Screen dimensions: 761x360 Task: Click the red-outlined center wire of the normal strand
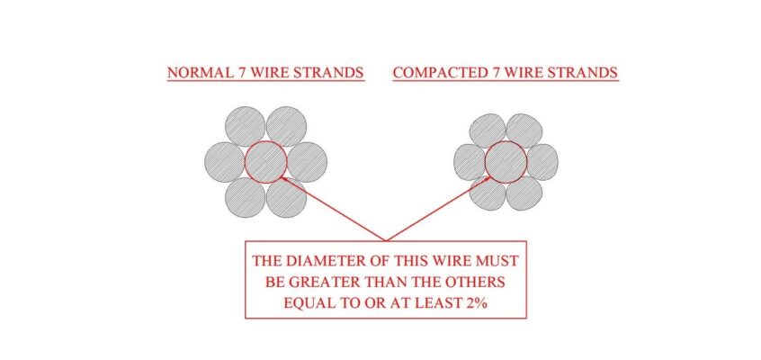pos(265,162)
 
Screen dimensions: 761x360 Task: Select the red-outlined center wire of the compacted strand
pos(506,162)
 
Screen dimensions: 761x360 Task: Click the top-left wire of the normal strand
pos(245,126)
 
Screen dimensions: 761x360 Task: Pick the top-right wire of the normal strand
pos(286,126)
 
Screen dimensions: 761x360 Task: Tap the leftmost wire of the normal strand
pos(225,162)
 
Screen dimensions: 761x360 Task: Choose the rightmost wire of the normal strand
pos(307,162)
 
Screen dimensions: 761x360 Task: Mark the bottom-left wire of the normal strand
pos(245,198)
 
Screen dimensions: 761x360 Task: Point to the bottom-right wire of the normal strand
pos(286,198)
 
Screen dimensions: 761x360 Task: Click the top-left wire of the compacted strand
pos(488,130)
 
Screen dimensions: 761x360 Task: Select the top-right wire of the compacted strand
pos(524,130)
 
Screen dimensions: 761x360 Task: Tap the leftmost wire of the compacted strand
pos(470,162)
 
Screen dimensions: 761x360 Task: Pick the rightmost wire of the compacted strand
pos(542,162)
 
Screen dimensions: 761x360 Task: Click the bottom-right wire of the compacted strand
pos(524,193)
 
